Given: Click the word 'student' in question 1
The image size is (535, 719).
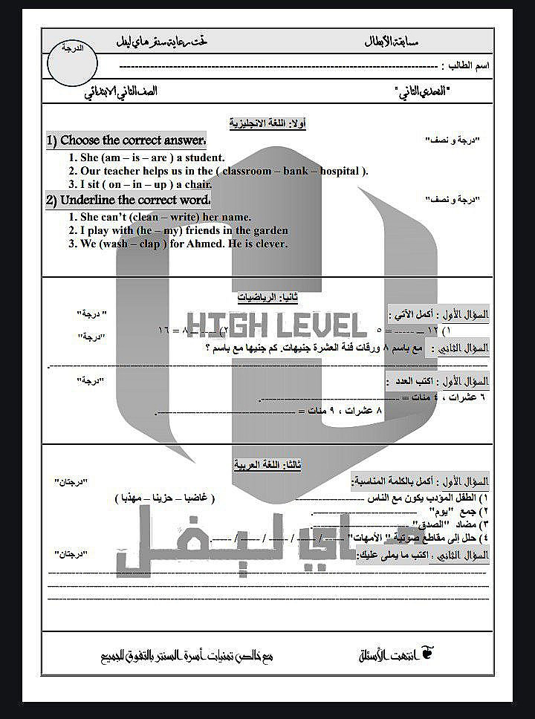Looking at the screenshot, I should (x=202, y=157).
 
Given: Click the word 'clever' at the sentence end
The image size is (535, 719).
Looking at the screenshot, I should (x=267, y=244).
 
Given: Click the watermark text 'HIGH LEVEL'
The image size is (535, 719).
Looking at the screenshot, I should (x=276, y=325).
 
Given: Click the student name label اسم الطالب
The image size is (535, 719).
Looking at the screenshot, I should (x=470, y=66).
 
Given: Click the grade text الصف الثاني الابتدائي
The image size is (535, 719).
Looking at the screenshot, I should (x=120, y=94).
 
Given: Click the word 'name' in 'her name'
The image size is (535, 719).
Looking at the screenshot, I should (x=236, y=217).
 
